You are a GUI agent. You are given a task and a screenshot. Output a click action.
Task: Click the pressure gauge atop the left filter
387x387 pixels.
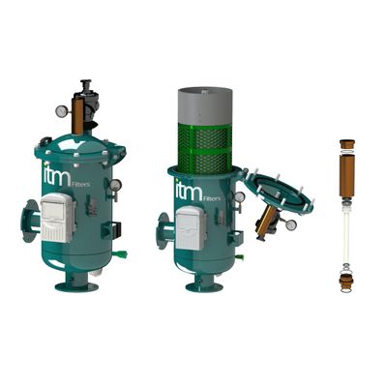(x=61, y=111)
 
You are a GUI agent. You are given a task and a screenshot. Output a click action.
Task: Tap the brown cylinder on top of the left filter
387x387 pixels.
(x=77, y=116)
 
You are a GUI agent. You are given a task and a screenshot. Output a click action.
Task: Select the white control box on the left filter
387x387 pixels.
(x=58, y=218)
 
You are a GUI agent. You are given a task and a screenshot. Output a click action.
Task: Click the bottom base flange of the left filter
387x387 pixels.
(x=76, y=286)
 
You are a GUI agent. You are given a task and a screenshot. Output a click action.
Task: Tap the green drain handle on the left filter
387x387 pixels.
(x=122, y=254)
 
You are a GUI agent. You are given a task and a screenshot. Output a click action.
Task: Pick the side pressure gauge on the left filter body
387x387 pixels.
(x=115, y=186)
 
